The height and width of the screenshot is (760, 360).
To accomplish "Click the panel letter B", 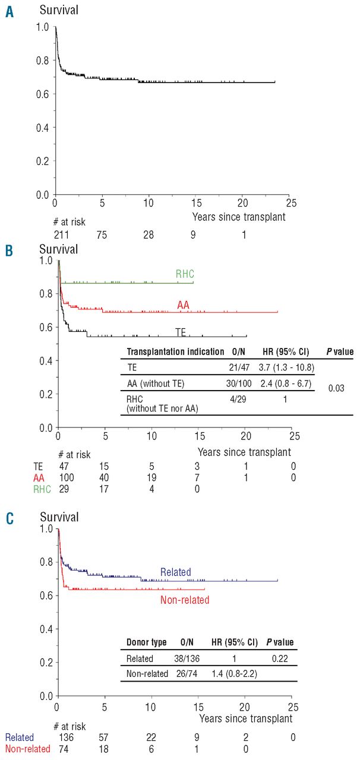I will point(10,251).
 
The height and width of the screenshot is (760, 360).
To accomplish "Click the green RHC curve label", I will point(185,274).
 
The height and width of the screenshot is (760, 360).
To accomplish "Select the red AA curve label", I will point(183,305).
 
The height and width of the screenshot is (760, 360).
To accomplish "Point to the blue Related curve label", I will point(175,572).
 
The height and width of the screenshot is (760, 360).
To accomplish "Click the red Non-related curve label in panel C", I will point(185,600).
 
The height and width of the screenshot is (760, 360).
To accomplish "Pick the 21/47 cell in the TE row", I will point(244,368).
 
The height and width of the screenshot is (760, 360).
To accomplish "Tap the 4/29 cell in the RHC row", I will point(244,400).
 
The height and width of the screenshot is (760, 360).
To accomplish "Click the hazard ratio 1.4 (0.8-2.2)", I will point(235,674).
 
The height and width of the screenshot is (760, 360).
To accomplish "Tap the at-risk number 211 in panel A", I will point(60,235).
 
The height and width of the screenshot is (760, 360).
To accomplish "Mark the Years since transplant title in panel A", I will point(238,217).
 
